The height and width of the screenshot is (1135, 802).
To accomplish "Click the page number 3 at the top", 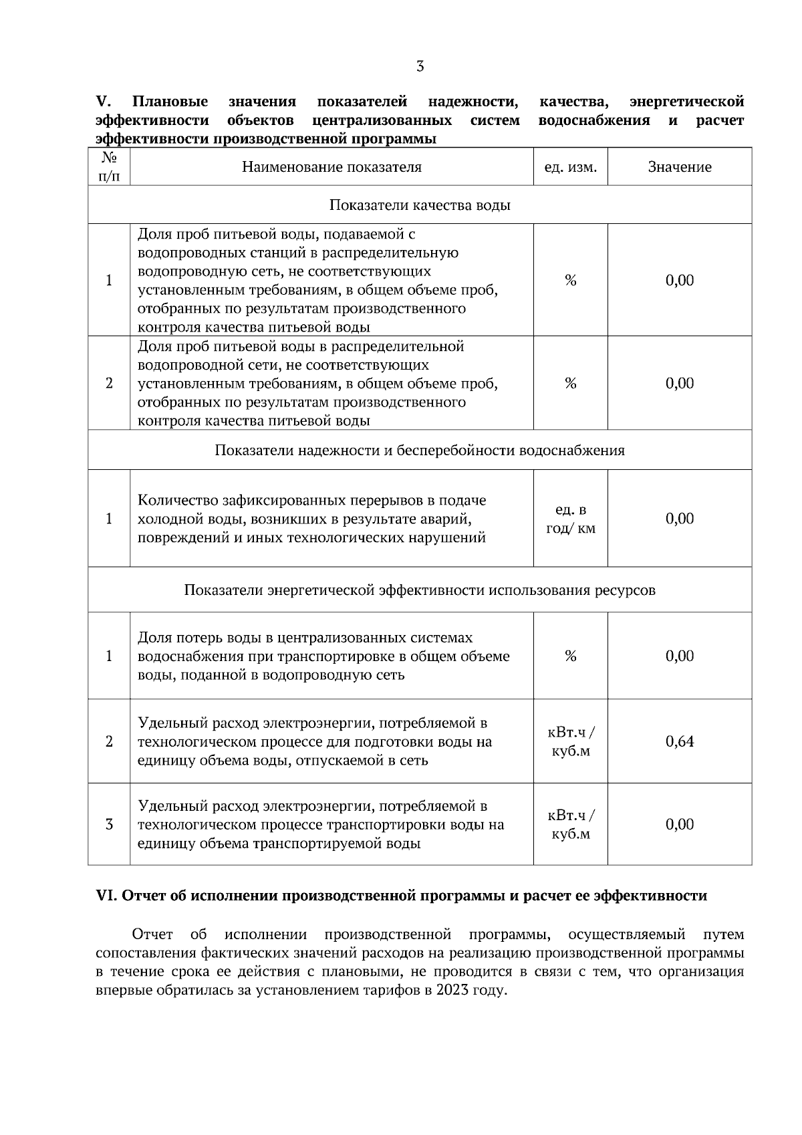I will (420, 66).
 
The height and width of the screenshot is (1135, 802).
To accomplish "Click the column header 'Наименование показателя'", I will (331, 167).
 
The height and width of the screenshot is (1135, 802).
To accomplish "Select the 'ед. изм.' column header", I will (570, 167).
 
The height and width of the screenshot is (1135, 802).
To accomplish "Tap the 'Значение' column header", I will (679, 167).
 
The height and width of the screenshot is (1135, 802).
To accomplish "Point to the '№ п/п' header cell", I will (109, 167).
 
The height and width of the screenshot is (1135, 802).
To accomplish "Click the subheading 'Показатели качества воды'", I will (420, 205).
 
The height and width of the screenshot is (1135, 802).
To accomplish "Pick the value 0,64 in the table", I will (680, 741).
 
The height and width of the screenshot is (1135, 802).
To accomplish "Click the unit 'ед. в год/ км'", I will (570, 519).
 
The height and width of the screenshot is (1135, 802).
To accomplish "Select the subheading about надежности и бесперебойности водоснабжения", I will (420, 451).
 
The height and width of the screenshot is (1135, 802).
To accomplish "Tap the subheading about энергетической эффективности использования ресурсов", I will (420, 590).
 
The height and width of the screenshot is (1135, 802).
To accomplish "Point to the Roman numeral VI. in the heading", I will (107, 896).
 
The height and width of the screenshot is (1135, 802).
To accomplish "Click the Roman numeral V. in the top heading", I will (103, 102).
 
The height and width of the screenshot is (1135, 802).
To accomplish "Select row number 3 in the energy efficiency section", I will (109, 824).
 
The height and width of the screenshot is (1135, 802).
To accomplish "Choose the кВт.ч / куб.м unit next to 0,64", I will (570, 742).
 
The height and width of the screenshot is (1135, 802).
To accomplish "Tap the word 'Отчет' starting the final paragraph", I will (152, 934).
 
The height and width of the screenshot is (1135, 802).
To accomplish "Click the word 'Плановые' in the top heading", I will (170, 102).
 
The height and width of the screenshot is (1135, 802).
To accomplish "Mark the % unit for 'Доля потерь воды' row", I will (570, 656).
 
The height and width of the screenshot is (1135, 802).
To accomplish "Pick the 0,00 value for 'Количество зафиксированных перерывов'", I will (680, 519).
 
